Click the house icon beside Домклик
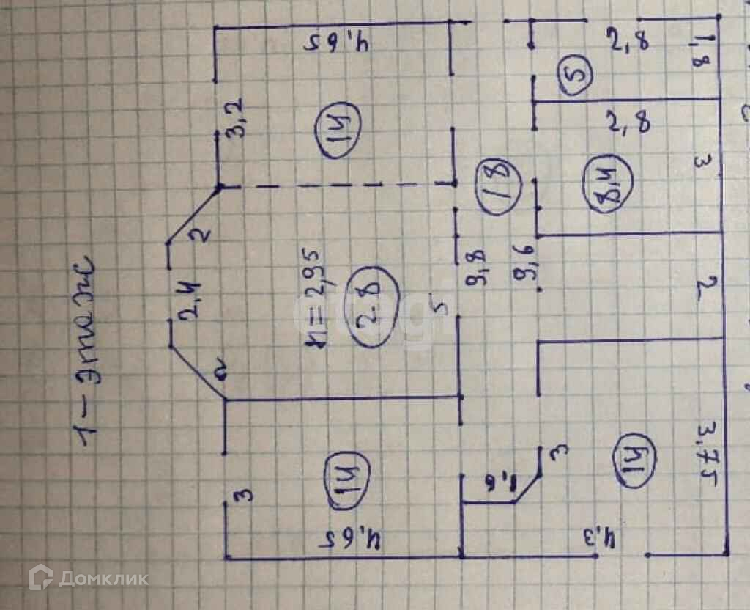coord(41,578)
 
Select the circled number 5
coord(576,76)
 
